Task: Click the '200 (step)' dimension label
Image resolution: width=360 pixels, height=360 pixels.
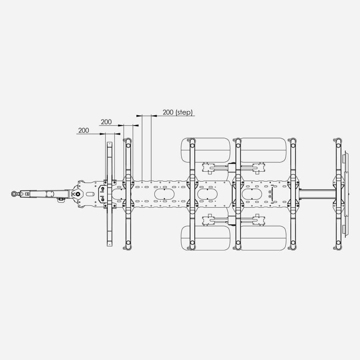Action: [x=178, y=112]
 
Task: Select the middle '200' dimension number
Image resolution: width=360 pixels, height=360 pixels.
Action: [x=106, y=122]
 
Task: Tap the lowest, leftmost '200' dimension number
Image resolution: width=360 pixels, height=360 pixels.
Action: [x=84, y=130]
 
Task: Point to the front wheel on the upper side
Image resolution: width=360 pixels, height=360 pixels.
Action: [x=206, y=150]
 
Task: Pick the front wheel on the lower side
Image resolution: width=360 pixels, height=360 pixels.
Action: [x=206, y=238]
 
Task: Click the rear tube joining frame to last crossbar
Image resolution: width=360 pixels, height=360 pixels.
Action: [x=317, y=194]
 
